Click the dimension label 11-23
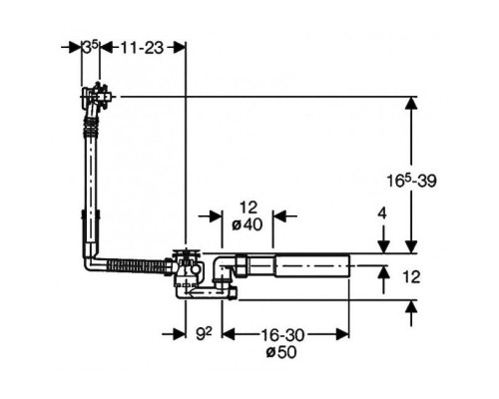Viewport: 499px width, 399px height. tap(142, 48)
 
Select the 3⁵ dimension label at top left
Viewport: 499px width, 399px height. tap(90, 47)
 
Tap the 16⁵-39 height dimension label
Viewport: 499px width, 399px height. tap(411, 181)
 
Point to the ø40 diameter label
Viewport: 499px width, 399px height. tap(248, 224)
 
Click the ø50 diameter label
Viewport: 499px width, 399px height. tap(281, 352)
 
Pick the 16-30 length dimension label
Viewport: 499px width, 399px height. tap(282, 335)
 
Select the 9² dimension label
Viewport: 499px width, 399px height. tap(204, 334)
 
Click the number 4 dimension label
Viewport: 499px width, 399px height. tap(383, 213)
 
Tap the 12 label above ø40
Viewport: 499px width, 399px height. tap(249, 207)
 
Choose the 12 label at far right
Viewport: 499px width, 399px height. tap(411, 277)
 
